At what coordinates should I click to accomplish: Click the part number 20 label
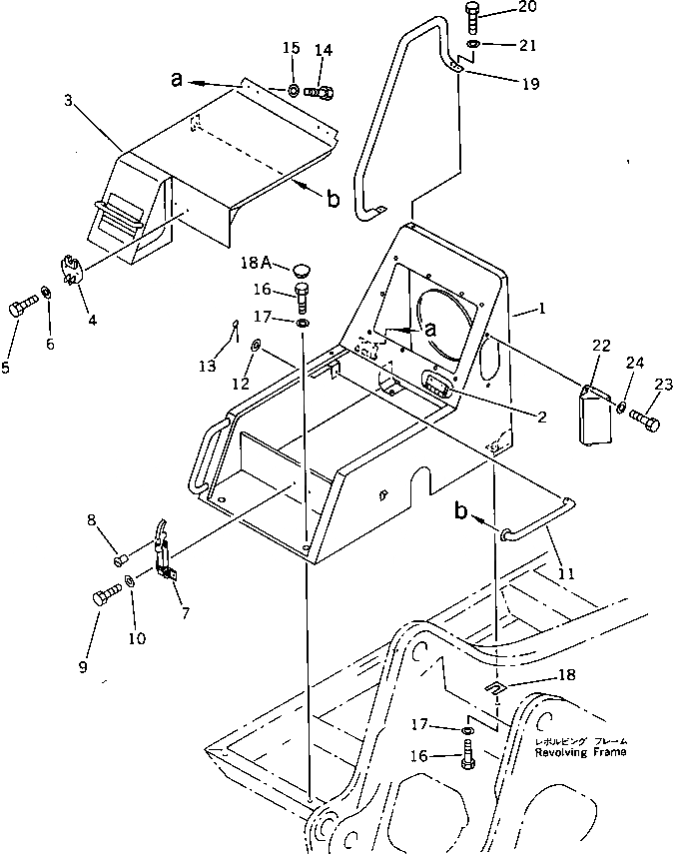point(526,9)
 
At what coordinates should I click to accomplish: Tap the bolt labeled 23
point(646,423)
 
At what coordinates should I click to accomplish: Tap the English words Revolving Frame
point(579,751)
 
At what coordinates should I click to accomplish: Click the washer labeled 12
point(257,346)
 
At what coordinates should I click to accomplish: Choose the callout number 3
point(67,100)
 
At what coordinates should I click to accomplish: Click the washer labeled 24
point(621,408)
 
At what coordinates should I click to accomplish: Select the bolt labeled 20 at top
point(473,17)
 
